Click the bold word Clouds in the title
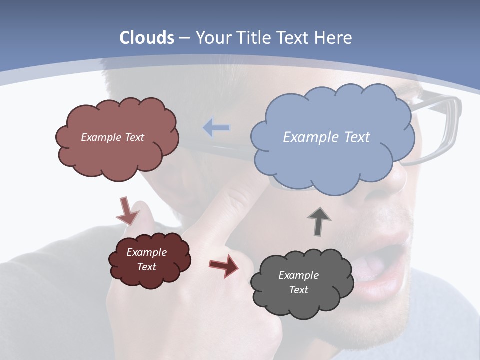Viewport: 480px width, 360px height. click(147, 38)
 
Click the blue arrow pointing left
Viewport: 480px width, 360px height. click(216, 128)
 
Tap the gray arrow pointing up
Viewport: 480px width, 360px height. click(319, 221)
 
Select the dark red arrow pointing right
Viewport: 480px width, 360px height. click(223, 265)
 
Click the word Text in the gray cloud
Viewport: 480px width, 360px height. click(298, 290)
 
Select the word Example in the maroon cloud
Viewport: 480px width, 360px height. click(146, 252)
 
